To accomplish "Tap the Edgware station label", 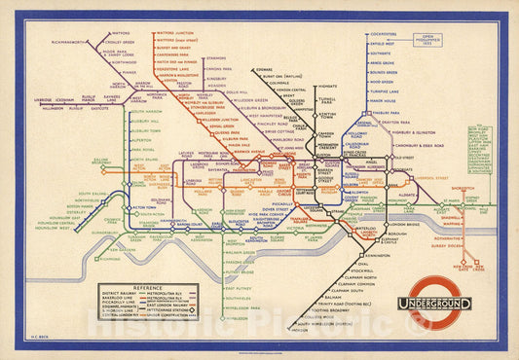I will point(264,69).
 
